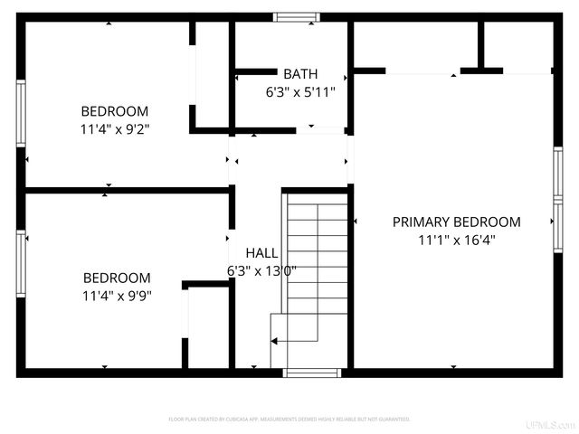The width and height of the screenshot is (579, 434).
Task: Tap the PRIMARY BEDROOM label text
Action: (456, 222)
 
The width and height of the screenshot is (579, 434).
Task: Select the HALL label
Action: (261, 253)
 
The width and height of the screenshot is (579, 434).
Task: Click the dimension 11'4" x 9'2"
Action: (114, 129)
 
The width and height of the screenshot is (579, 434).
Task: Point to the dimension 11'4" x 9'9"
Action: (117, 295)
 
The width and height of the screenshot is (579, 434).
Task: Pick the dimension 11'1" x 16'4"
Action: (456, 240)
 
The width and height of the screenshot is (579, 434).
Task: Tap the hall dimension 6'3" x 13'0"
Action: (261, 270)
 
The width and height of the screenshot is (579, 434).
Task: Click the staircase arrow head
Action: (273, 341)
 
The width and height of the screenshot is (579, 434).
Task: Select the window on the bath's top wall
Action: (297, 16)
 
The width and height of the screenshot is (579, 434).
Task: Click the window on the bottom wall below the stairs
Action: (312, 372)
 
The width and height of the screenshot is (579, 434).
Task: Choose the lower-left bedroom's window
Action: (21, 263)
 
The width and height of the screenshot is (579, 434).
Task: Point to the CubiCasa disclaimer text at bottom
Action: (289, 420)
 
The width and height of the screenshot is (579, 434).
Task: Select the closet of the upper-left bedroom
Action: (211, 77)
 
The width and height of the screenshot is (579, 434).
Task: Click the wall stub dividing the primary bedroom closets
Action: (481, 45)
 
